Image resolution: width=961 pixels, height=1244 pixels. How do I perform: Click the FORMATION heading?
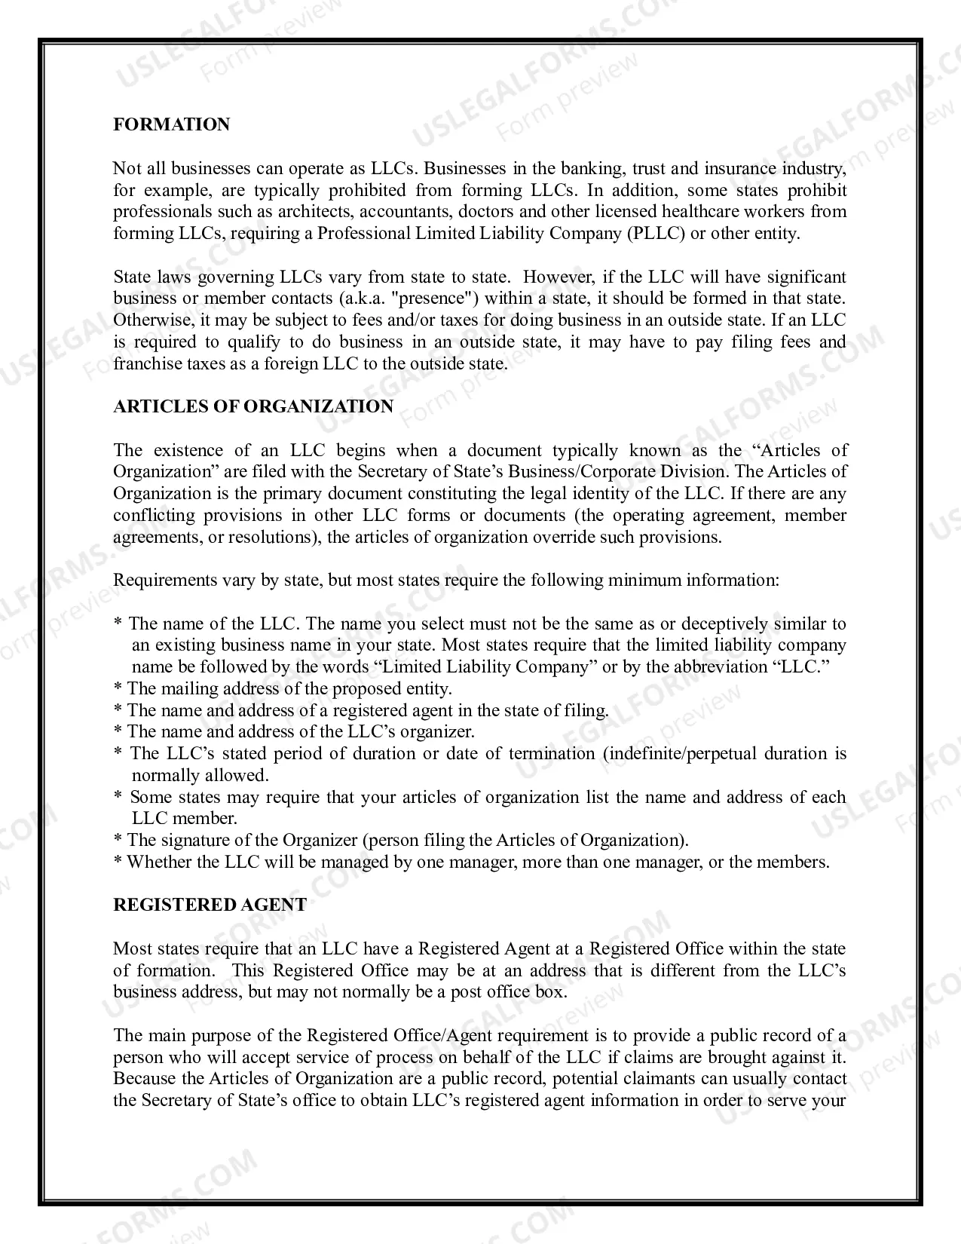tap(171, 124)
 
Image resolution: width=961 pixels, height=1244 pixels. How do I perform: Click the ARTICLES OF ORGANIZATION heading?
tap(253, 406)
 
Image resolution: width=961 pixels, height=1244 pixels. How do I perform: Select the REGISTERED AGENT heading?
tap(210, 905)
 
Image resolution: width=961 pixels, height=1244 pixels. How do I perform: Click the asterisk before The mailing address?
tap(118, 688)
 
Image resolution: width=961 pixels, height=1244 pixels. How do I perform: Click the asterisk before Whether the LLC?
tap(118, 863)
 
